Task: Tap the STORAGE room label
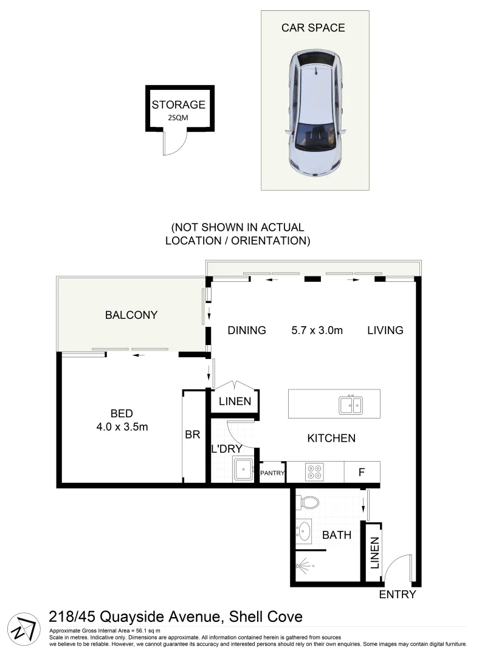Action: pos(178,104)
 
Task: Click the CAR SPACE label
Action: pos(313,27)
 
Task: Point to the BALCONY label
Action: pos(131,315)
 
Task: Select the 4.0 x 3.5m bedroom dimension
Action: pos(123,426)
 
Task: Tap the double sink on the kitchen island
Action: pos(351,404)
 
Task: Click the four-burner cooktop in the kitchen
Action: pos(315,472)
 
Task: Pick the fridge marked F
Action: pos(362,471)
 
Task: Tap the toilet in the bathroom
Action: pos(308,502)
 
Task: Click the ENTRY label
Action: pos(398,594)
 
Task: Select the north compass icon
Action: pos(22,626)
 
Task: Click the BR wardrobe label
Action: pos(193,435)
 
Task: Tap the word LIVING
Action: pos(385,330)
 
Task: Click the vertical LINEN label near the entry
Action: pos(374,552)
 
